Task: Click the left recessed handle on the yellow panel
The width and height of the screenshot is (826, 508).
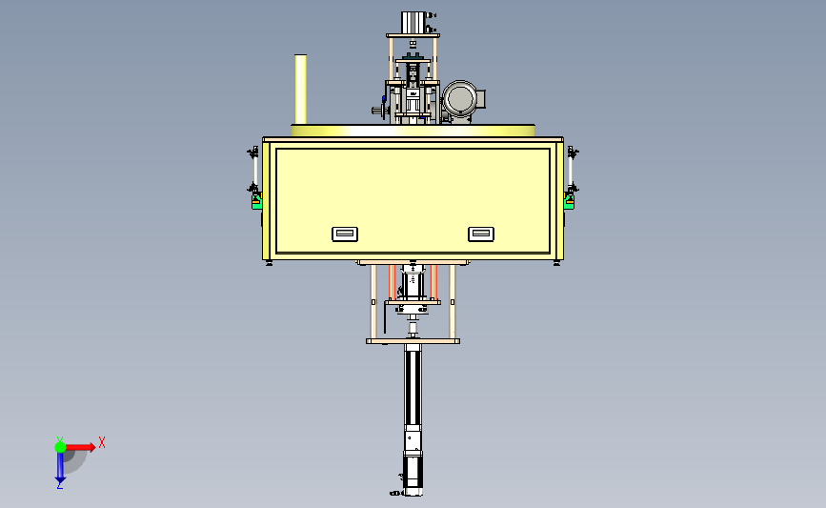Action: (345, 234)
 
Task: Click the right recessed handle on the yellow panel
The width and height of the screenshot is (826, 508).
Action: (481, 234)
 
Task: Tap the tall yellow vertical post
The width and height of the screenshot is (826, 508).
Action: (301, 89)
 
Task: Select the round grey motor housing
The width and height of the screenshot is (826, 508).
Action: (460, 99)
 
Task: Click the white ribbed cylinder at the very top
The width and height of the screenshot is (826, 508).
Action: (413, 23)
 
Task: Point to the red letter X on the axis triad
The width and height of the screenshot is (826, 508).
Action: (102, 442)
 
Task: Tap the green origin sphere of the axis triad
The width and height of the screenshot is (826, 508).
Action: (60, 447)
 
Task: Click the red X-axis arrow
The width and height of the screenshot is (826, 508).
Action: (80, 447)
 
